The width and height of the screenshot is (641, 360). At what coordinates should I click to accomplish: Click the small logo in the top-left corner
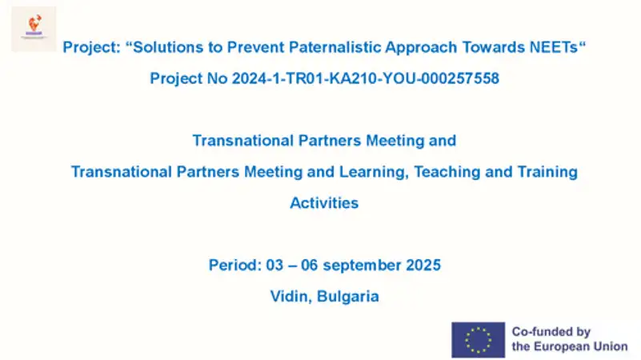click(34, 29)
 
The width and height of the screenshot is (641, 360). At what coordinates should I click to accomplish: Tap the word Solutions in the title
click(168, 47)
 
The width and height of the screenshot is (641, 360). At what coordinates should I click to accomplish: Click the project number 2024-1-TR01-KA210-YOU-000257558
click(366, 78)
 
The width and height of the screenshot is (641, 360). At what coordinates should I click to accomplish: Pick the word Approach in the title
click(421, 48)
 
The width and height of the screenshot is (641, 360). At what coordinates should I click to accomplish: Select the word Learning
click(374, 173)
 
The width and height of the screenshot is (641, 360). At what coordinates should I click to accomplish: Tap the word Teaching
click(447, 173)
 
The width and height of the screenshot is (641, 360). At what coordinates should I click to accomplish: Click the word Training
click(547, 173)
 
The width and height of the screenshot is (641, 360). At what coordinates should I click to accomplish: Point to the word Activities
click(324, 203)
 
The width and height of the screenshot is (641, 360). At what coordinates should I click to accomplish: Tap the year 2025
click(423, 265)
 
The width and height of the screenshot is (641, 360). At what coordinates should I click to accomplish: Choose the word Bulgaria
click(348, 297)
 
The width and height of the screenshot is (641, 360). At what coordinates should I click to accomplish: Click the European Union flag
click(478, 339)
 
